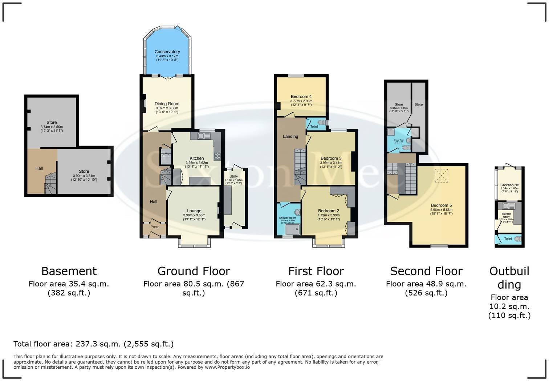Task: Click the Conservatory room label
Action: [167, 52]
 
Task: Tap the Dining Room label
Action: [167, 104]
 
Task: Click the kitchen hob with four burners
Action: [217, 156]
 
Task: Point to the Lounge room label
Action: [194, 211]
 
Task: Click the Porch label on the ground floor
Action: [155, 227]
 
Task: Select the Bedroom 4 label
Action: [301, 97]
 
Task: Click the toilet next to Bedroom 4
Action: [321, 123]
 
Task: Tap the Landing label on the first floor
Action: [290, 137]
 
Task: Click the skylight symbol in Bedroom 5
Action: [442, 176]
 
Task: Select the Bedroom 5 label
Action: [441, 205]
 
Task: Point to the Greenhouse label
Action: [509, 185]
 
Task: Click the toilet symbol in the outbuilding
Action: [517, 239]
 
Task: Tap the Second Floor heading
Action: [426, 271]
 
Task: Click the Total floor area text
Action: [93, 344]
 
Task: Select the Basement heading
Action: [69, 271]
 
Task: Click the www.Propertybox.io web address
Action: [227, 367]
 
